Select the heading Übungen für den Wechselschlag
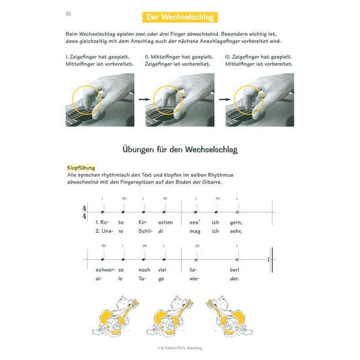click(180, 148)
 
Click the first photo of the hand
click(99, 98)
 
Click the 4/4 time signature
click(83, 212)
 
